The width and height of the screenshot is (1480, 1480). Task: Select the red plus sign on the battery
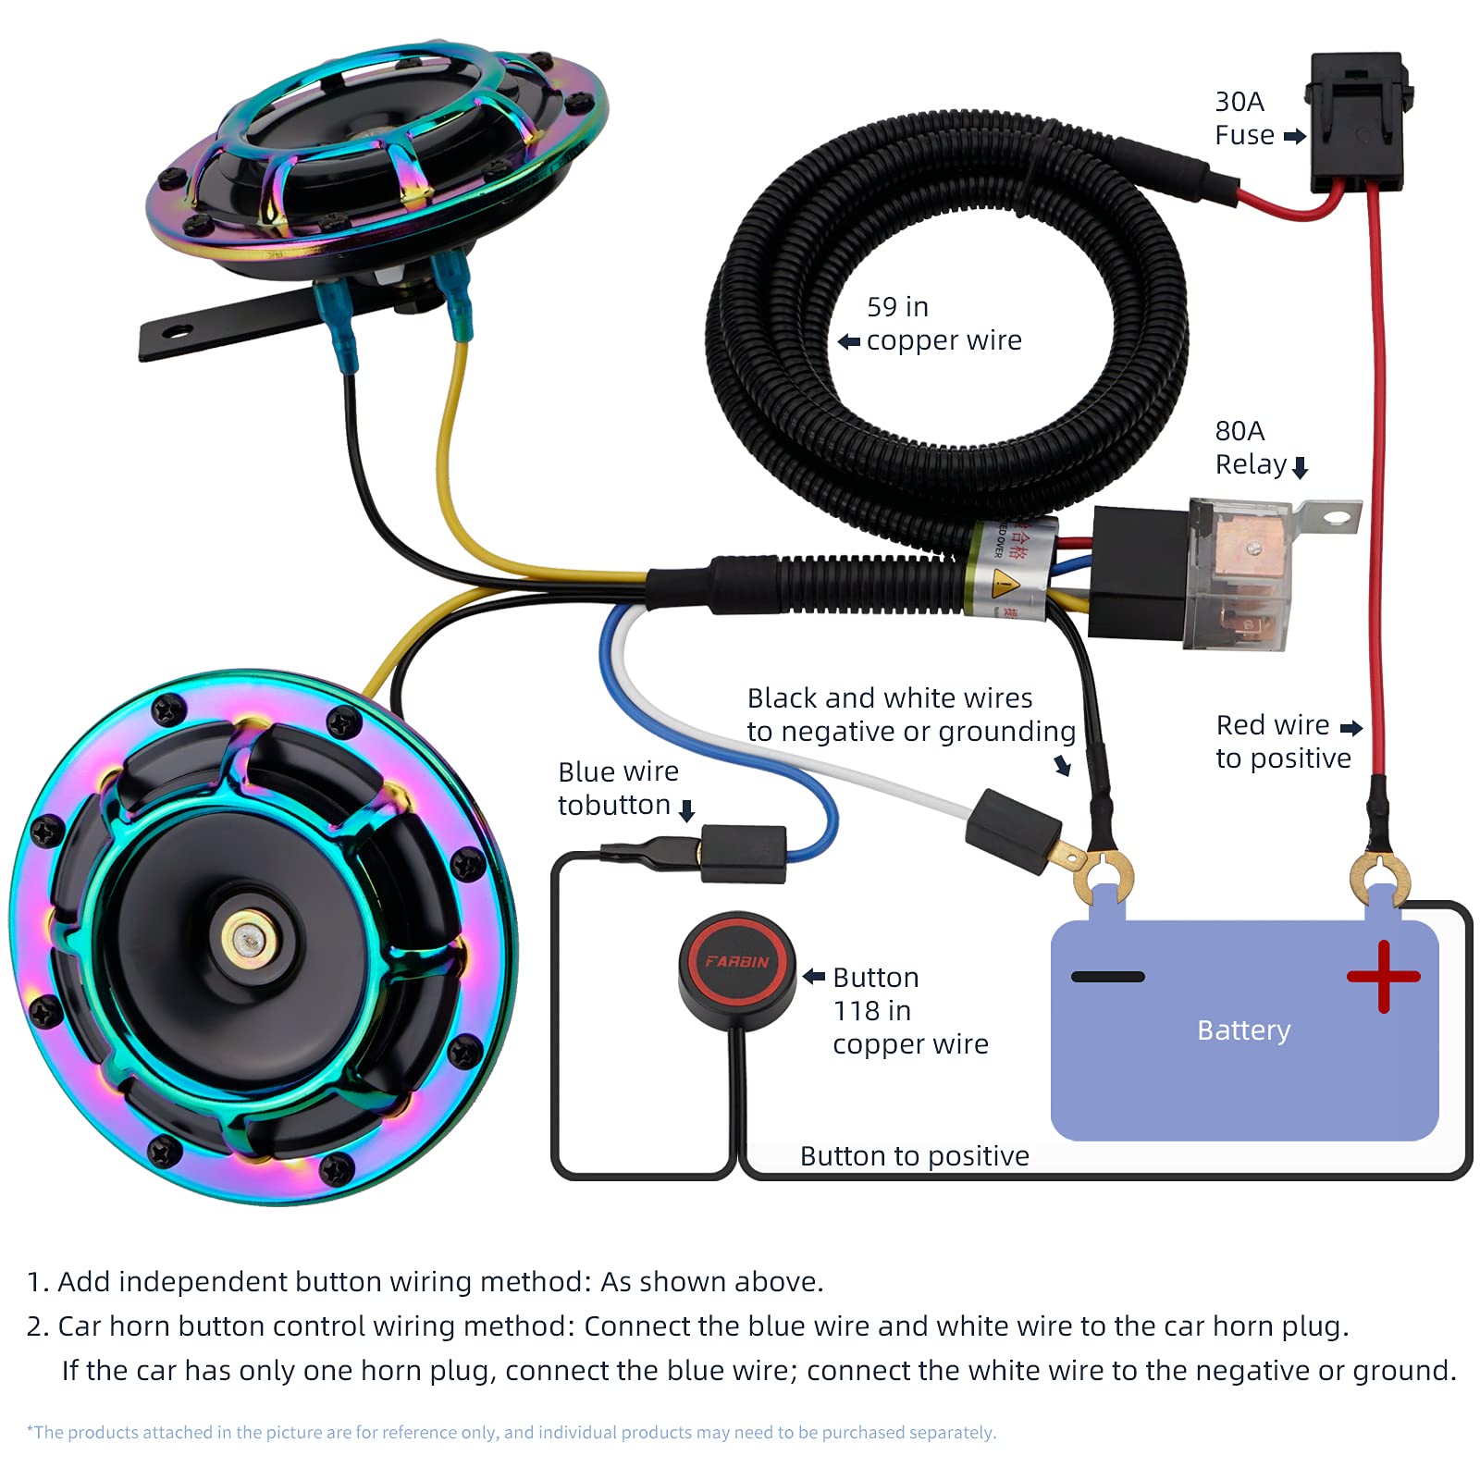coord(1383,976)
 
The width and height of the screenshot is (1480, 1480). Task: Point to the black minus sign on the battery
coord(1107,977)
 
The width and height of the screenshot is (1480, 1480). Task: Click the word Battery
coord(1243,1030)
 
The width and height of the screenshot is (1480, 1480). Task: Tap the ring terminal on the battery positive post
coord(1379,875)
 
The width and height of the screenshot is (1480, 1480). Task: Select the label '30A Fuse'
coord(1244,118)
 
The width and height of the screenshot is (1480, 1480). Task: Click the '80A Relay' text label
coord(1250,448)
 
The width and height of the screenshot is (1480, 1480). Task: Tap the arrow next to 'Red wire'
coord(1351,728)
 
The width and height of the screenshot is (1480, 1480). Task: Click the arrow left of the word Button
coord(814,977)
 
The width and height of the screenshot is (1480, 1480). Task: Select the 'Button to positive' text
coord(914,1156)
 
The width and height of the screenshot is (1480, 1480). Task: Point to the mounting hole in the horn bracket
coord(179,330)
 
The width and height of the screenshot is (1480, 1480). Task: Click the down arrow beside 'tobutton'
coord(686,811)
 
